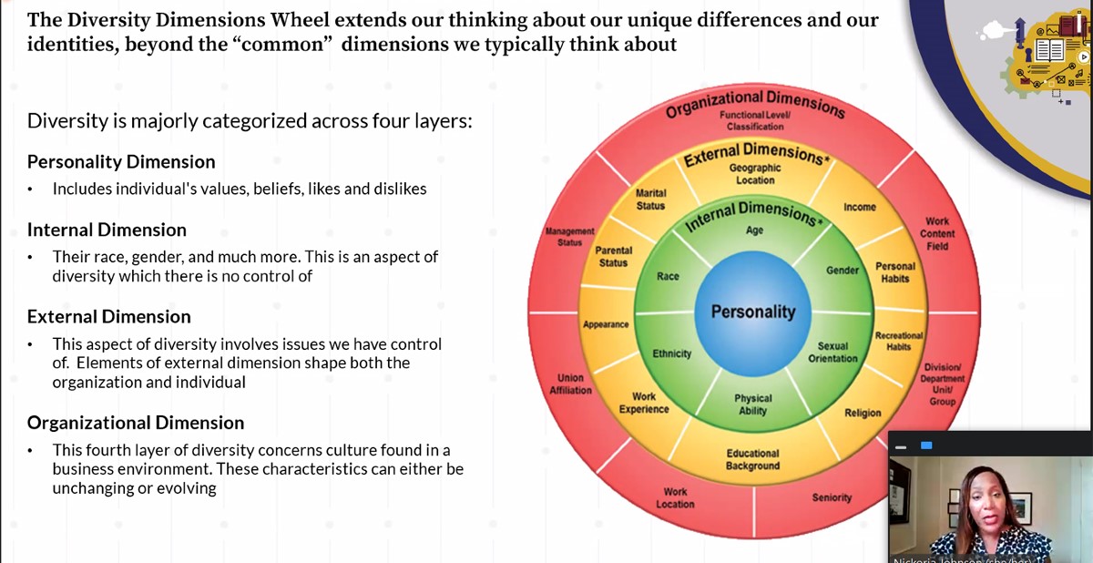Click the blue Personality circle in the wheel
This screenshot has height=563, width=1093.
[753, 312]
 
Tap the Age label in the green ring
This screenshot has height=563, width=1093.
[755, 230]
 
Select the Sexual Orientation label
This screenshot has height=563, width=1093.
[833, 353]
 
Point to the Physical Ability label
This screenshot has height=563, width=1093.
[753, 404]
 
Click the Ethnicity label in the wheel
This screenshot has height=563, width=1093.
[672, 353]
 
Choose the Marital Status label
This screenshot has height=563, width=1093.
[650, 200]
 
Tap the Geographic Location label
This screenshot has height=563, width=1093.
[755, 174]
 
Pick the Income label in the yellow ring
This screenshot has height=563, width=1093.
[859, 208]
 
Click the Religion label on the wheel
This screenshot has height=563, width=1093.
[863, 413]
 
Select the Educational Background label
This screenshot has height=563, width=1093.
[752, 460]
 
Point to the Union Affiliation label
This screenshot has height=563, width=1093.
[570, 384]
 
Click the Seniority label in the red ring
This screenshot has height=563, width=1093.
[832, 497]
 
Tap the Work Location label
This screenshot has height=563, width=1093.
[675, 498]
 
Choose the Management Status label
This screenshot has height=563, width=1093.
[570, 237]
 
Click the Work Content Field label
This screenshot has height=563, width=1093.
[937, 233]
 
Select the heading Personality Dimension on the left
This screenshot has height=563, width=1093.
[121, 162]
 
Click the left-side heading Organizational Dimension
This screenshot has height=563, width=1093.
[136, 423]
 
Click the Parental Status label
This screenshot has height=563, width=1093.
[613, 257]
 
